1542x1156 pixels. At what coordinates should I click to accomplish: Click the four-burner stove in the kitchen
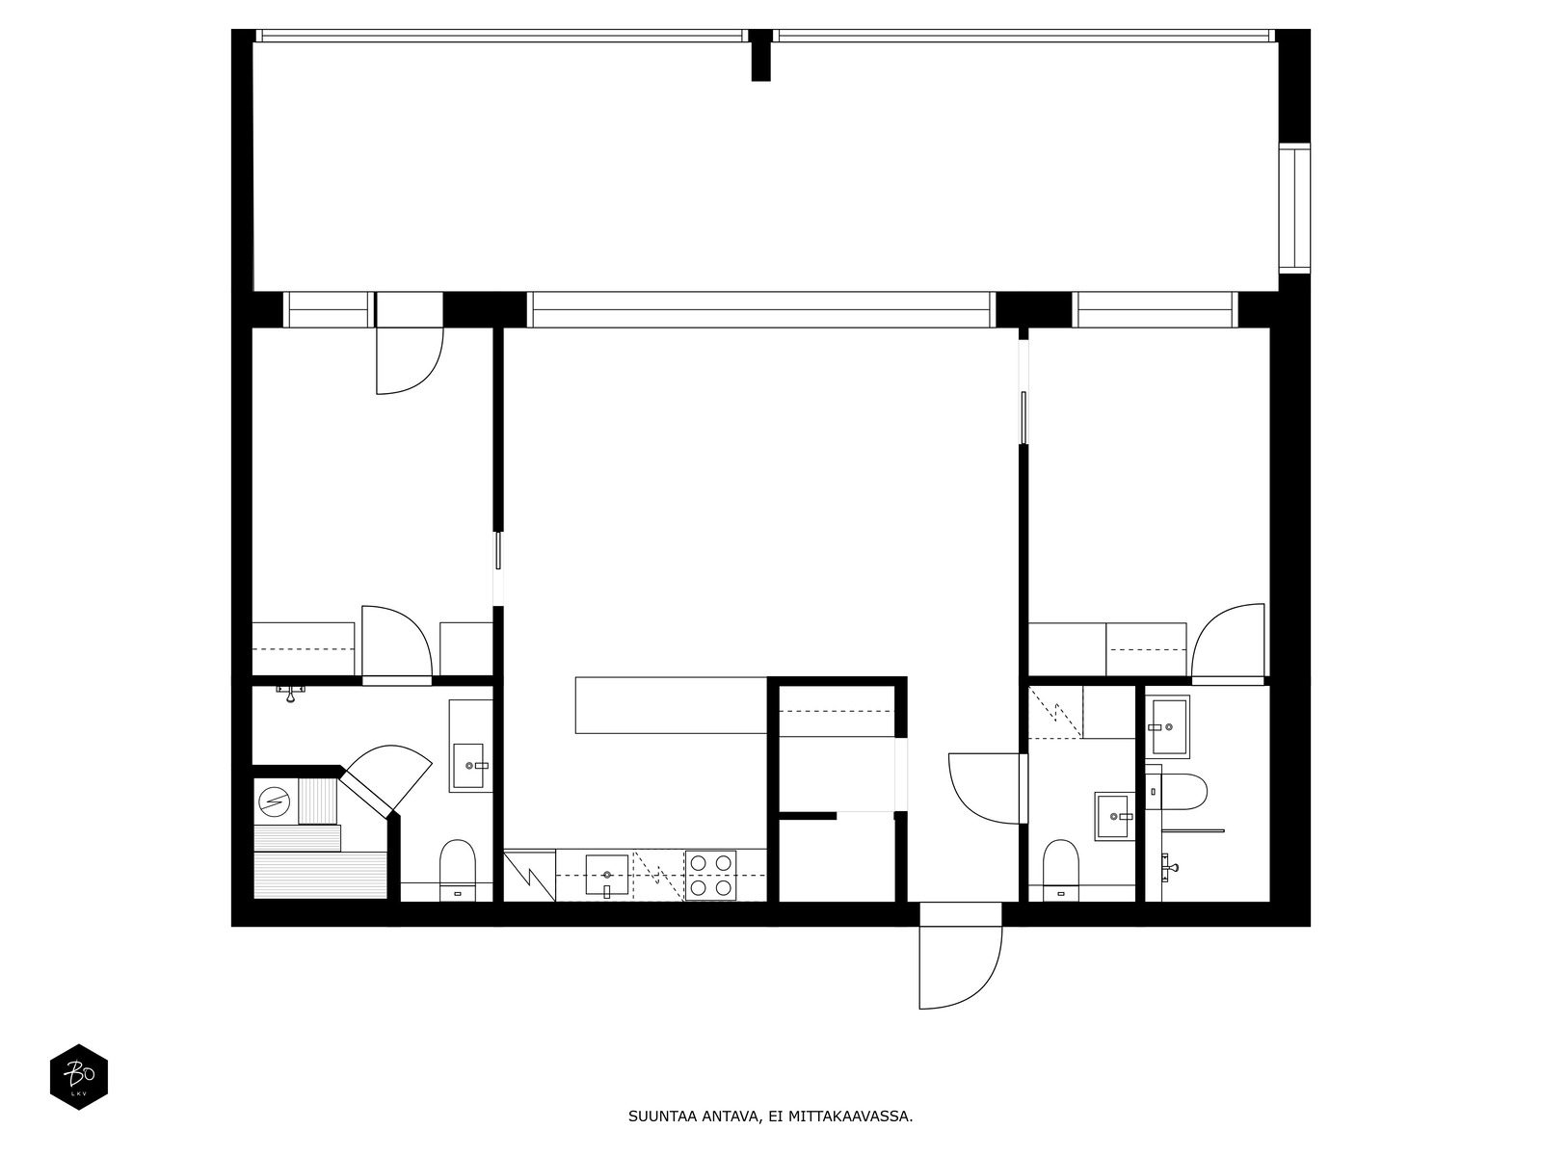711,876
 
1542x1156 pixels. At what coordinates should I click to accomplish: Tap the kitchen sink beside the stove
607,876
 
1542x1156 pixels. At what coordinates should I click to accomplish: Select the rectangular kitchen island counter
671,705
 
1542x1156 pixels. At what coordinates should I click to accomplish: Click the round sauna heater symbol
274,801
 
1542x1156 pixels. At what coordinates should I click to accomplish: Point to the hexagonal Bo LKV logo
79,1077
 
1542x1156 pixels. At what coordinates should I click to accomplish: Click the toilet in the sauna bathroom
458,870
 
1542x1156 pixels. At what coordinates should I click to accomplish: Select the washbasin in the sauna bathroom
468,766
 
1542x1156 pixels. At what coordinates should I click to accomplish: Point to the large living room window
760,309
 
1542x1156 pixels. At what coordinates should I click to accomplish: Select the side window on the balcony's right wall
1294,207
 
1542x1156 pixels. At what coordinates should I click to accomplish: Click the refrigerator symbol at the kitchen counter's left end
530,876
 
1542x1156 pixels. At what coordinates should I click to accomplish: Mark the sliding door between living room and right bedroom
1024,418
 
